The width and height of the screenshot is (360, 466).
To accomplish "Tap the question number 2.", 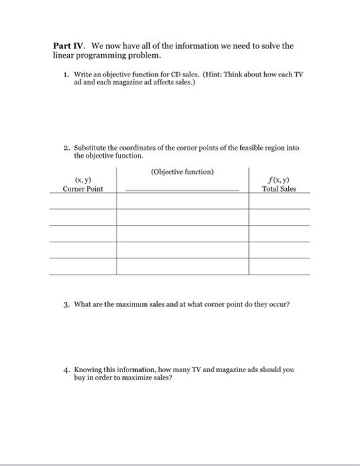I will pyautogui.click(x=66, y=148).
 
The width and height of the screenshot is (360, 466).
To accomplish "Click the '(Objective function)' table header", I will pyautogui.click(x=182, y=172).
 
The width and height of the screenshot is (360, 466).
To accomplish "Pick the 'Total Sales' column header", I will pyautogui.click(x=279, y=189).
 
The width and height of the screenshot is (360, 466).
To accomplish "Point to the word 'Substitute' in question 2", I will pyautogui.click(x=91, y=148).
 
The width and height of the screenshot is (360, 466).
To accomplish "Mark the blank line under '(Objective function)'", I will pyautogui.click(x=182, y=190).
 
